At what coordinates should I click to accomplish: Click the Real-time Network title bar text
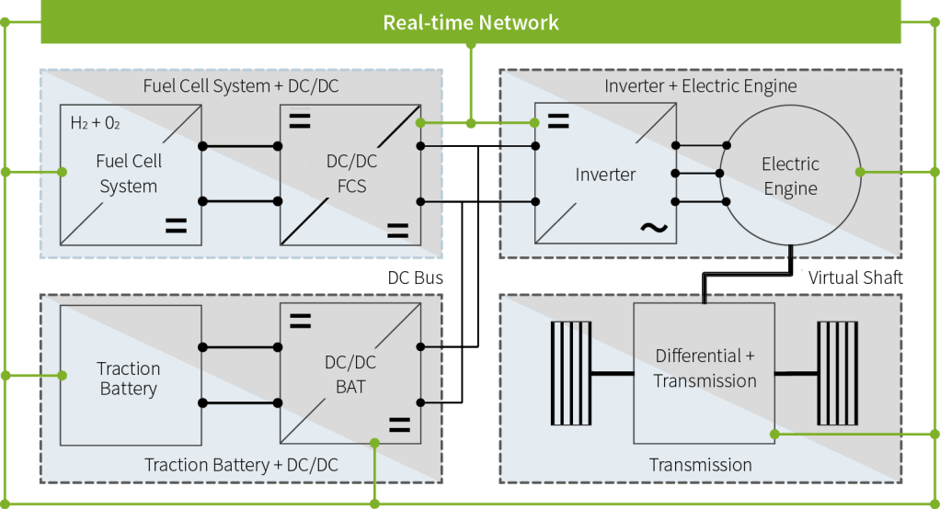pos(471,22)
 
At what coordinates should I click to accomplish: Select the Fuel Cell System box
pos(130,174)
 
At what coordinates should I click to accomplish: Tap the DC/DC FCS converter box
pos(350,174)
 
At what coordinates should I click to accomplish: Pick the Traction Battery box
pos(130,379)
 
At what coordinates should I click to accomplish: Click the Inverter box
pos(604,174)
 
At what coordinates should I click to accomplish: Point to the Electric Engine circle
pos(789,176)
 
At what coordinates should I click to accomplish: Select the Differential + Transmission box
pos(705,368)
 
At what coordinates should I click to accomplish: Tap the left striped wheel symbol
pos(569,373)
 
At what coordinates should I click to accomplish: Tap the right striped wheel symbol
pos(837,373)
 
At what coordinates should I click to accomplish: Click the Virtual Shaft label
pos(855,277)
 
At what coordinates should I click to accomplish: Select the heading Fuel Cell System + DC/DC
pos(241,86)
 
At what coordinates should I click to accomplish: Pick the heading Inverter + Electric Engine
pos(700,86)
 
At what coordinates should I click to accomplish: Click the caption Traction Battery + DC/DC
pos(241,465)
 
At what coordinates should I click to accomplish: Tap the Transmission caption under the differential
pos(700,465)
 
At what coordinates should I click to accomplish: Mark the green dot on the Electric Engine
pos(860,172)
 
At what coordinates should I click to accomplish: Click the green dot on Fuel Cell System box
pos(62,172)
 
